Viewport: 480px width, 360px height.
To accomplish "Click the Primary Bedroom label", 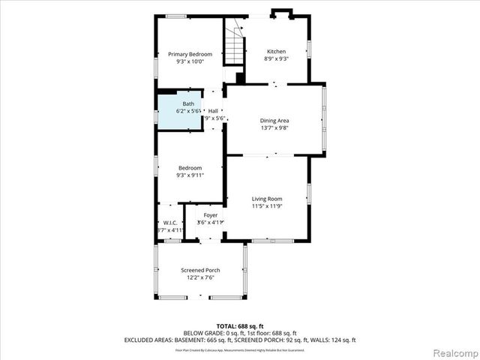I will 190,54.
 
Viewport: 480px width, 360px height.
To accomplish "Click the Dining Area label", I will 274,121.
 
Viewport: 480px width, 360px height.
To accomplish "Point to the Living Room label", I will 266,199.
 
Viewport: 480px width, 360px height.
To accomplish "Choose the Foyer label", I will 211,215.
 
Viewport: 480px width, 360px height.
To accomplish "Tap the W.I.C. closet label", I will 170,223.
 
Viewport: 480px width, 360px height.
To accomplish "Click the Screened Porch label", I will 200,270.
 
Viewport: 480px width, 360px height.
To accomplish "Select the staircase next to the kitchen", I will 238,46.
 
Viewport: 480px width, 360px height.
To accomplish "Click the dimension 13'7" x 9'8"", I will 274,128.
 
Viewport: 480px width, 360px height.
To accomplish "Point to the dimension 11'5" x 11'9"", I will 266,206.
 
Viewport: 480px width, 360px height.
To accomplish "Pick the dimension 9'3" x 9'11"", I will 190,175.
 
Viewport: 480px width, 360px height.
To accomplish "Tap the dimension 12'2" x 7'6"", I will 200,277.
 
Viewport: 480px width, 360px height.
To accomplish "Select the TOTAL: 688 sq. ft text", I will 240,325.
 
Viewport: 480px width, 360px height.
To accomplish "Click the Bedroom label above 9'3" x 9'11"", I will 190,167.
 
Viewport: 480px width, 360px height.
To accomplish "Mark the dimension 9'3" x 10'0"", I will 190,61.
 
